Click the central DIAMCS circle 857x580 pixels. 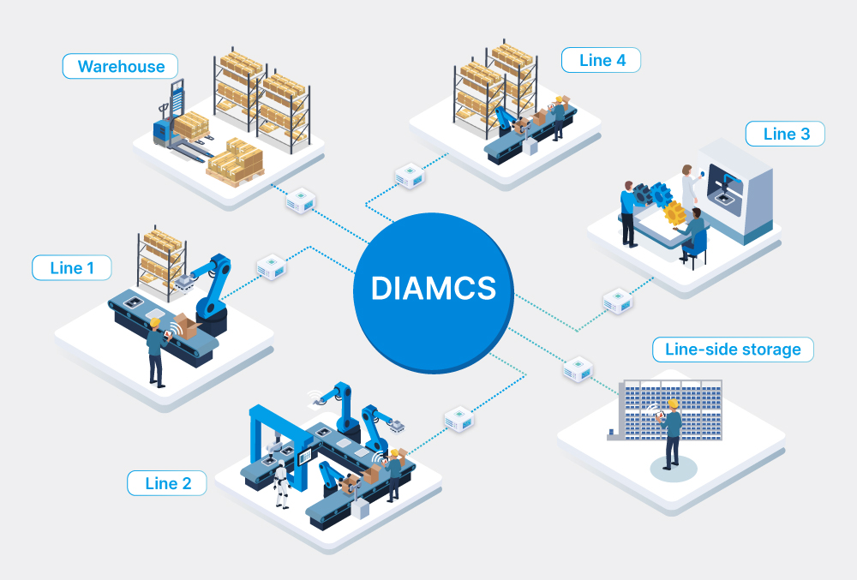click(434, 288)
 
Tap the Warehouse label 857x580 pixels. click(120, 66)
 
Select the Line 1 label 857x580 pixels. click(72, 267)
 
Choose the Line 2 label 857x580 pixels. click(167, 482)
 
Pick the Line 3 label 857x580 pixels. click(785, 134)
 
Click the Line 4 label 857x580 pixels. click(601, 60)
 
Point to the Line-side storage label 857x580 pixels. click(732, 349)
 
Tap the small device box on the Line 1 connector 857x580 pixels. click(272, 266)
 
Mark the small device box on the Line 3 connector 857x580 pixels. click(617, 302)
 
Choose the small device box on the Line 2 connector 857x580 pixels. click(459, 419)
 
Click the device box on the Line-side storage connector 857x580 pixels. click(578, 368)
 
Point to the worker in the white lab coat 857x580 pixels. click(687, 184)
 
